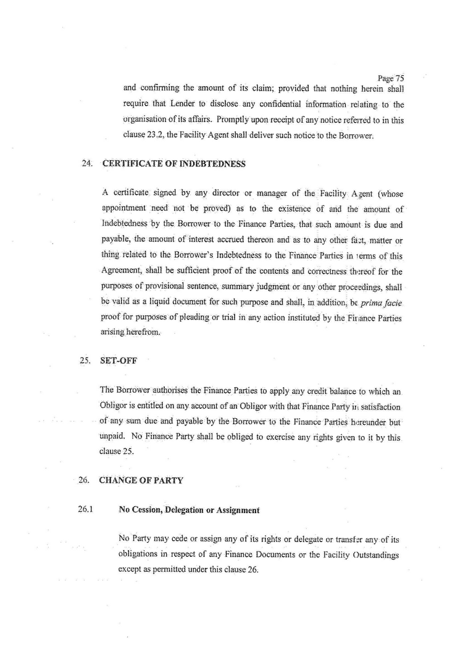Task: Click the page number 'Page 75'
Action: coord(390,78)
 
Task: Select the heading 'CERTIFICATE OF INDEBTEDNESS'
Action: coord(174,164)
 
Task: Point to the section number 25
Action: coord(85,361)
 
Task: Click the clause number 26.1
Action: coord(86,510)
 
